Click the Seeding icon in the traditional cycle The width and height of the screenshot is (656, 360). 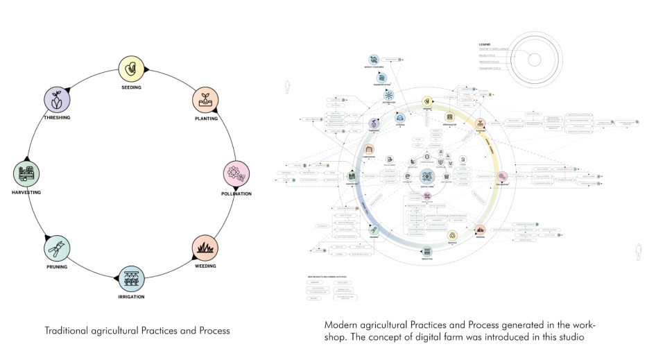[x=131, y=68]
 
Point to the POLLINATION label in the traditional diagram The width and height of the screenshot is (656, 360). [x=236, y=194]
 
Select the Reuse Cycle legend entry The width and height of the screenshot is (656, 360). [x=489, y=55]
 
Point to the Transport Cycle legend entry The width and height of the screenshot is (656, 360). [x=490, y=68]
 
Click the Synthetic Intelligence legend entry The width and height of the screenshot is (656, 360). [x=494, y=49]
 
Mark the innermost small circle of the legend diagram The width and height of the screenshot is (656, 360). [x=534, y=60]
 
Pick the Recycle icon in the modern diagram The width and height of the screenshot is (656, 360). [x=452, y=236]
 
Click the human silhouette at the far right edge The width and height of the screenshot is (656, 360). [x=637, y=249]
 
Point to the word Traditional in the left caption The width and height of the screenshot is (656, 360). [x=66, y=331]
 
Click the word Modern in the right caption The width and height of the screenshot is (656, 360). [x=340, y=325]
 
